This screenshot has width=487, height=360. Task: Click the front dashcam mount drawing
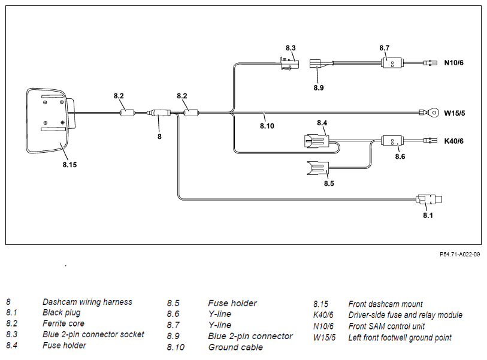coord(50,120)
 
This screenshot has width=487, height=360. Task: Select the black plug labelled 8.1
coord(429,199)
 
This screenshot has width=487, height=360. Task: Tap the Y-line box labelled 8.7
coord(392,63)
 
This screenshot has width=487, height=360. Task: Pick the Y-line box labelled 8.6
coord(392,141)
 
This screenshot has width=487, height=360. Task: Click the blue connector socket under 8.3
coord(289,63)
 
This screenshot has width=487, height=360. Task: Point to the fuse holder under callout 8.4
coord(317,141)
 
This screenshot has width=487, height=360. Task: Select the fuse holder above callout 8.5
coord(317,168)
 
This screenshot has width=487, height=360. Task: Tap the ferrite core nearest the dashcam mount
coord(128,113)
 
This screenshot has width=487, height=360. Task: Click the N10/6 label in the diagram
coord(454,63)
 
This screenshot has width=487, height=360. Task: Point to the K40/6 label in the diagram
coord(454,141)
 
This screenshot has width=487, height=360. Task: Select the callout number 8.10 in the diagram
coord(267,126)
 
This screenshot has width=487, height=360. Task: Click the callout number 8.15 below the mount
coord(69,165)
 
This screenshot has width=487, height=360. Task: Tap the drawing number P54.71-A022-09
coord(459,255)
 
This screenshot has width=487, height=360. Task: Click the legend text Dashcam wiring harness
coord(87,302)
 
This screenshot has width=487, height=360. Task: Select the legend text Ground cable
coord(235,347)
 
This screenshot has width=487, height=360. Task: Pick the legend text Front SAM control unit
coord(386,326)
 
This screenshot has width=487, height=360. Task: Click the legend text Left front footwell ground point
coord(400,338)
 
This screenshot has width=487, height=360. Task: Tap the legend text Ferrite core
coord(63,323)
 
